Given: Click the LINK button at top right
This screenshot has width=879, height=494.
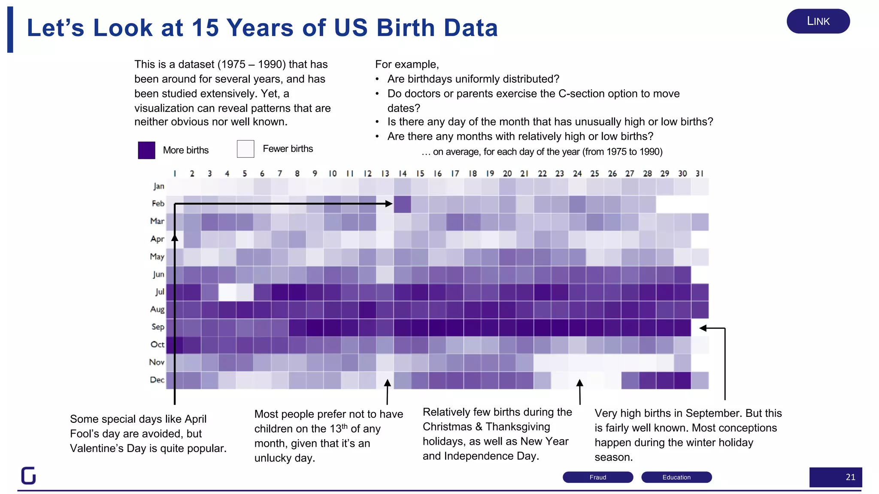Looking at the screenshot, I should click(x=818, y=21).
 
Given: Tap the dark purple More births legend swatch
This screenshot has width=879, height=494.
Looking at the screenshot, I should click(x=146, y=150).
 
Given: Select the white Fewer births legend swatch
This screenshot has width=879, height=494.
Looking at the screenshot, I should click(x=246, y=149).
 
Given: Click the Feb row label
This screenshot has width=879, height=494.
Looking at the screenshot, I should click(x=158, y=204).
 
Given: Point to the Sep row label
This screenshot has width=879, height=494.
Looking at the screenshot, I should click(x=158, y=327).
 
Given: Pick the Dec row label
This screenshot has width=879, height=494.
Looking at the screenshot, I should click(x=157, y=380).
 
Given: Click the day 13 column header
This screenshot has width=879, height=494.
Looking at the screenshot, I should click(x=385, y=174).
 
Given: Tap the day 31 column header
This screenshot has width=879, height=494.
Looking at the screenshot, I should click(x=700, y=174).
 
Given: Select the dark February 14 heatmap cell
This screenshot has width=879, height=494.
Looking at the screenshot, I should click(x=402, y=204).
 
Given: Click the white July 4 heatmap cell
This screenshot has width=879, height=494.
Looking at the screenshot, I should click(x=227, y=292).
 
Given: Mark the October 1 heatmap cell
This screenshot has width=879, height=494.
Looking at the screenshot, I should click(x=175, y=345).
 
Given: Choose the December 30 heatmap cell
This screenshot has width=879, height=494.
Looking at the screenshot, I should click(x=682, y=380).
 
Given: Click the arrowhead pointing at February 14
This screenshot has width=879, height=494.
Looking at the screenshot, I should click(x=389, y=204).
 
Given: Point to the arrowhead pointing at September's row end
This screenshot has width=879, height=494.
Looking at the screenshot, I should click(x=703, y=328).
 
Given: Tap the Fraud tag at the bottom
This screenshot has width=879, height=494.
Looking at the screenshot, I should click(x=597, y=477).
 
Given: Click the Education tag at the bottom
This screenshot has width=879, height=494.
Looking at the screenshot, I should click(x=676, y=477).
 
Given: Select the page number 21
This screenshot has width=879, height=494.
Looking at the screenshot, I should click(x=850, y=477).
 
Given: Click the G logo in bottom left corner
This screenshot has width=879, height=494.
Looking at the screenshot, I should click(x=29, y=475).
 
